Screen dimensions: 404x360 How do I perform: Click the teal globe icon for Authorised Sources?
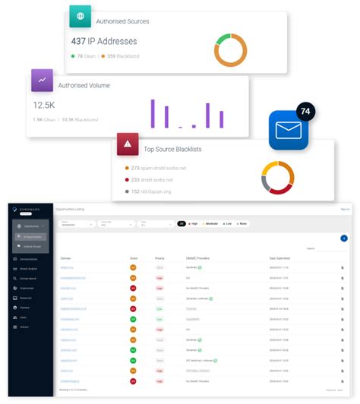click(x=80, y=17)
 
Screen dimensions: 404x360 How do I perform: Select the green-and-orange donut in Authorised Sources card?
click(x=231, y=48)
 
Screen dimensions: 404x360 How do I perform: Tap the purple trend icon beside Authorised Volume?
click(x=42, y=80)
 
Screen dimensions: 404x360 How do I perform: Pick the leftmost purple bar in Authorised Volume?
click(x=153, y=113)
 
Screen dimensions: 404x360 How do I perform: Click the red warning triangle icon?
click(x=127, y=144)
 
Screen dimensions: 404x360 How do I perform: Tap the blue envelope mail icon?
click(x=288, y=131)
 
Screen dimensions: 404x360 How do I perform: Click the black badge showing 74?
click(x=306, y=112)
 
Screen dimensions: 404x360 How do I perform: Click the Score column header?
click(x=134, y=258)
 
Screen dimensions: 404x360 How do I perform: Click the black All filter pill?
click(x=182, y=224)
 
